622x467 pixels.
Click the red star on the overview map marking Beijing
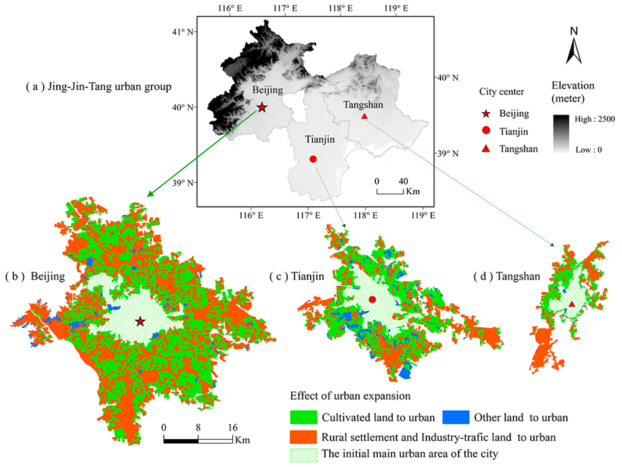tap(262, 107)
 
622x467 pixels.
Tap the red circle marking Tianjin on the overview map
tap(313, 159)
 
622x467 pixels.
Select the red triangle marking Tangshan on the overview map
tap(364, 116)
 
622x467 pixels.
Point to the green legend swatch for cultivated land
tap(303, 417)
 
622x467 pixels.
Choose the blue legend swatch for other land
tap(456, 417)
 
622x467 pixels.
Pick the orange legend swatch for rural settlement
tap(303, 437)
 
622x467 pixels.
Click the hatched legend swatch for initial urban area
tap(303, 455)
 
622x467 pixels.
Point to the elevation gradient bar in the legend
tap(561, 134)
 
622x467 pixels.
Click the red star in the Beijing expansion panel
tap(140, 322)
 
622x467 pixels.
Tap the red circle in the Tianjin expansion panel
tap(372, 300)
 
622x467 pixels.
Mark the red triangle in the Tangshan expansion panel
tap(572, 304)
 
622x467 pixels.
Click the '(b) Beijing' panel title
tap(35, 276)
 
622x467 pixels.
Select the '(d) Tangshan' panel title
tap(507, 276)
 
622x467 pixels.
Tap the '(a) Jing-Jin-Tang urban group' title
tap(99, 87)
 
